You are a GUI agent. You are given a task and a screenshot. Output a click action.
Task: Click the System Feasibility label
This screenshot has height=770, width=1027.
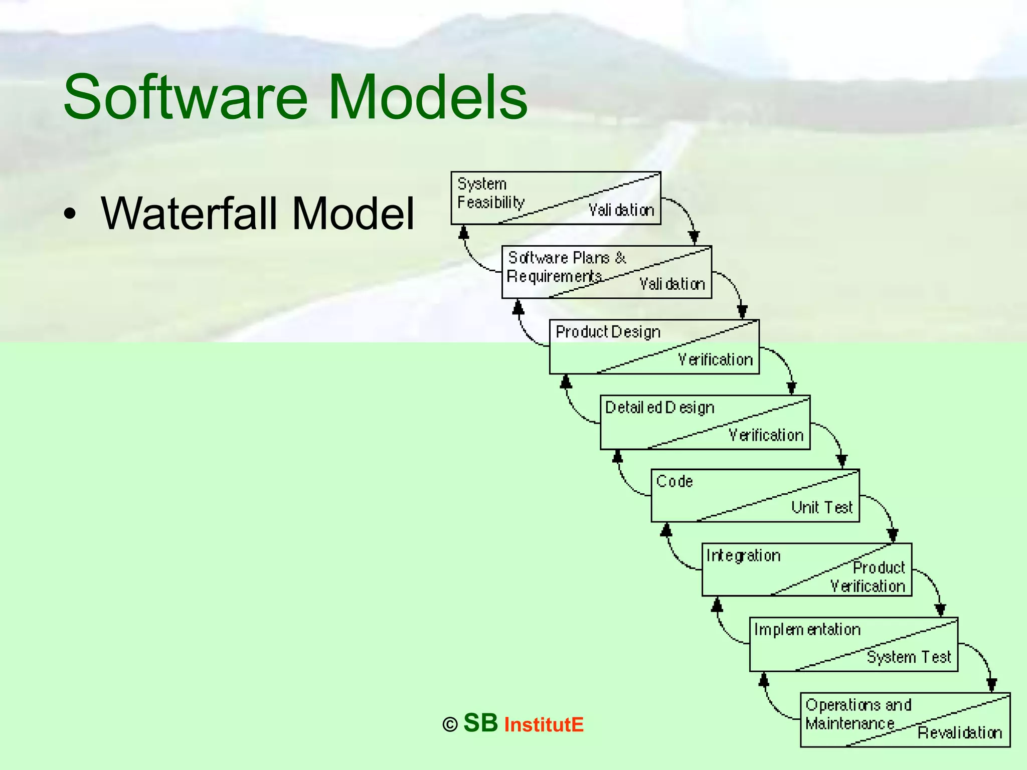tap(490, 193)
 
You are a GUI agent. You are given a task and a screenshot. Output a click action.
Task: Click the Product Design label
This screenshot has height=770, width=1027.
tap(608, 332)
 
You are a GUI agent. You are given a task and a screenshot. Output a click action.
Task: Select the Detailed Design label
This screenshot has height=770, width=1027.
tap(659, 408)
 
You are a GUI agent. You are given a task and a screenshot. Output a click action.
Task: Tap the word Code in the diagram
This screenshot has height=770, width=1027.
tap(674, 481)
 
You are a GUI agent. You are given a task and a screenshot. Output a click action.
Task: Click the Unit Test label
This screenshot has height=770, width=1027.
tap(821, 507)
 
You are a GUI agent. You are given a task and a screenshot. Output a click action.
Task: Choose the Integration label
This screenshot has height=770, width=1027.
tap(743, 555)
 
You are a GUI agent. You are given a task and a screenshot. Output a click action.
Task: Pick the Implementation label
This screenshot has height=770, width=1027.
tap(807, 630)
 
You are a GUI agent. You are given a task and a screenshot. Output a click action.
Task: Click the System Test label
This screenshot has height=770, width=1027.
tap(908, 657)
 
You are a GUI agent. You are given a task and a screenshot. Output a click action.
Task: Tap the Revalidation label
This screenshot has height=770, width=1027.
tap(959, 733)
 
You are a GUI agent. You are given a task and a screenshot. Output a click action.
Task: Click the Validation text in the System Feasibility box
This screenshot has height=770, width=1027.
tap(621, 210)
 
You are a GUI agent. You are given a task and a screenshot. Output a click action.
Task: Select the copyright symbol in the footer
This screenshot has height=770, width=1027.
tap(450, 725)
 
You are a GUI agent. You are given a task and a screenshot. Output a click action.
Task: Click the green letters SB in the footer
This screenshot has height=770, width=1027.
tap(480, 723)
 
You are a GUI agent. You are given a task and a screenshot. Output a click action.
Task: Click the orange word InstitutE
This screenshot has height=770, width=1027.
tap(544, 725)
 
